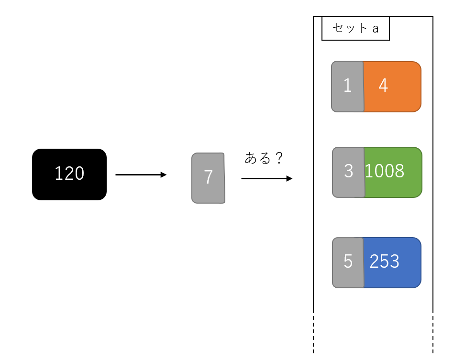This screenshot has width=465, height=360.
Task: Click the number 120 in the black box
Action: tap(69, 174)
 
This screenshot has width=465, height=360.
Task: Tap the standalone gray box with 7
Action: tap(209, 178)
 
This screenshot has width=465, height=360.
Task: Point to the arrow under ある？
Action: tap(266, 179)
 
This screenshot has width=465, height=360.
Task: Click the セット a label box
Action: tap(355, 29)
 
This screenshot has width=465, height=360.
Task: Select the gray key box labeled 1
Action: tap(347, 87)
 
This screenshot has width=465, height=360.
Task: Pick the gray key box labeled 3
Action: tap(348, 172)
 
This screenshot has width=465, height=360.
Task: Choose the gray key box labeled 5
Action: tap(348, 262)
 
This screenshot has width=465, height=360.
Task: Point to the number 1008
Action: tap(384, 171)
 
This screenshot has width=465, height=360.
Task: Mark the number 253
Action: tap(384, 262)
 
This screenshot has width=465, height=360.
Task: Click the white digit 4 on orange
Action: tap(383, 86)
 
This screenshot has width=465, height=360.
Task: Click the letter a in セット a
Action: tap(376, 29)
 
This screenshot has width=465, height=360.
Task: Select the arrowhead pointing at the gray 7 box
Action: tap(164, 175)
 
